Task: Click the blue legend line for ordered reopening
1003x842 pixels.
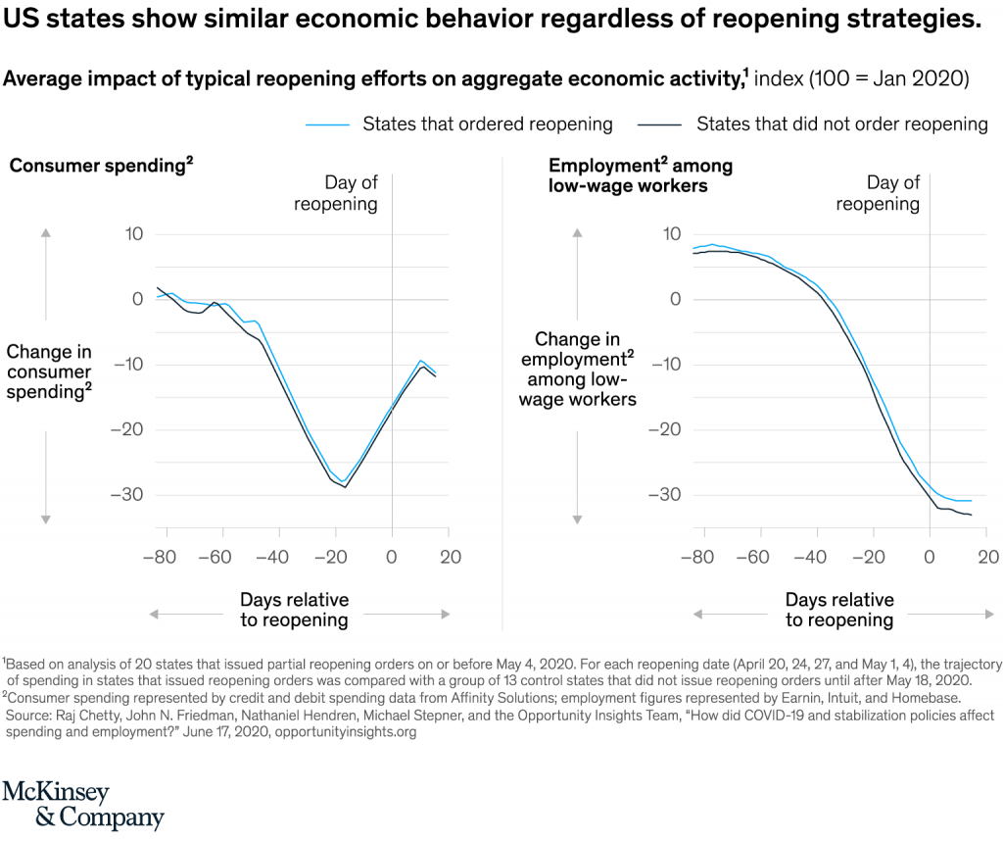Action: [327, 124]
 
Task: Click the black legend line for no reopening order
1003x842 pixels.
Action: [659, 124]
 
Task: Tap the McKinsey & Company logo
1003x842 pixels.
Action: [82, 805]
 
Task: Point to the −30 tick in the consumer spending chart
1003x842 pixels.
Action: [127, 494]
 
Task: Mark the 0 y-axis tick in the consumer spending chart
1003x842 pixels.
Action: [138, 299]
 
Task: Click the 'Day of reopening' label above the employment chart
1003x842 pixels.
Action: [878, 193]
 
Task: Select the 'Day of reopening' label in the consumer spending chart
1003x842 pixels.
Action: [336, 193]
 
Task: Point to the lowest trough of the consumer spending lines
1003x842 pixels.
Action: [345, 485]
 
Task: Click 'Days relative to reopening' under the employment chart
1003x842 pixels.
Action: [839, 610]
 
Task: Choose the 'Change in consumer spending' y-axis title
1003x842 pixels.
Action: [49, 371]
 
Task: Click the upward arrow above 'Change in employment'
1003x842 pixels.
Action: [579, 234]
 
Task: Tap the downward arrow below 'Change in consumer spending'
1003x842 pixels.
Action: [45, 517]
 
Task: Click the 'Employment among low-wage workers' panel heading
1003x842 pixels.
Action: [640, 175]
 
